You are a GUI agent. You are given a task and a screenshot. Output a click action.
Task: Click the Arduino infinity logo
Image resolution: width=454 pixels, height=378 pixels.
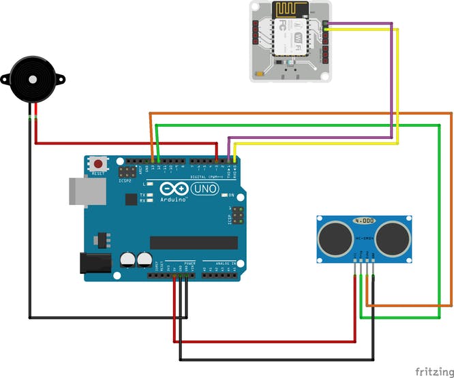pos(173,189)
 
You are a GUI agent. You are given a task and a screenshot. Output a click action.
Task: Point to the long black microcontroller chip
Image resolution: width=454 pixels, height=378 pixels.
pos(194,242)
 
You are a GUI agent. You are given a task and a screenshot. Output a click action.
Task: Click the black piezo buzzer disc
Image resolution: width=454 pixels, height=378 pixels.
pos(31,80)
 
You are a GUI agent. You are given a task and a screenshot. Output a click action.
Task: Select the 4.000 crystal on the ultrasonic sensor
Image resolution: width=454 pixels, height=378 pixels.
pos(364,221)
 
